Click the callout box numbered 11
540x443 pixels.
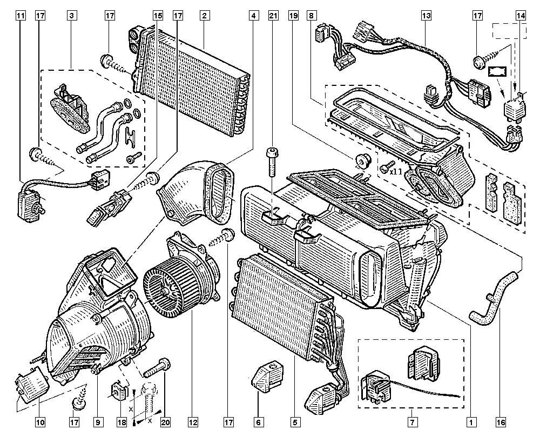(x=20, y=16)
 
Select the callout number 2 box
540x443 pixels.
(x=204, y=16)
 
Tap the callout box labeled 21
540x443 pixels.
(x=273, y=16)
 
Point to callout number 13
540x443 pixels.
(x=427, y=16)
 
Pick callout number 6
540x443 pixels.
(x=259, y=421)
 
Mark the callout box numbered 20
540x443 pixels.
(x=165, y=421)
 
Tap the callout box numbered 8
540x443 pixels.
(x=312, y=16)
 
